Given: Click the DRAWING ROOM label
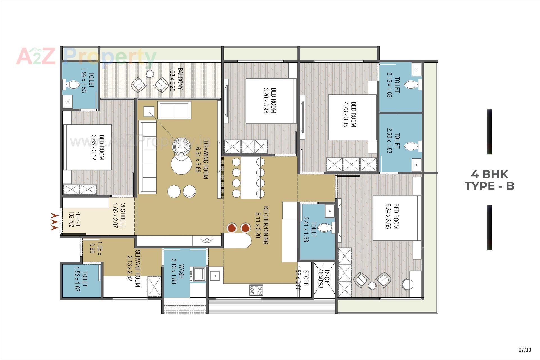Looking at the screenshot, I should (206, 160).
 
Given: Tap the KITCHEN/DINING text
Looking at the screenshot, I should (265, 225).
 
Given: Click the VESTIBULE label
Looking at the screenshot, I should (123, 215).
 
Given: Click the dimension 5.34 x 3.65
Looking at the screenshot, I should (388, 216).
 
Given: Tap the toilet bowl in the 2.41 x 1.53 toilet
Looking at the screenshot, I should (325, 228).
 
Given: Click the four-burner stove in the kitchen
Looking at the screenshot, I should (256, 290).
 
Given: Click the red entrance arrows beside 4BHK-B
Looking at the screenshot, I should (54, 222).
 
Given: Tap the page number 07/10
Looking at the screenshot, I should (525, 350).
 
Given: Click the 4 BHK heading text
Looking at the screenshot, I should (489, 174).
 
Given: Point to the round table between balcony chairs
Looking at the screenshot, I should (150, 74).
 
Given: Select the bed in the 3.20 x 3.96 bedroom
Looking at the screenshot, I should (271, 101).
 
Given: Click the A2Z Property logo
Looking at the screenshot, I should (86, 57).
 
